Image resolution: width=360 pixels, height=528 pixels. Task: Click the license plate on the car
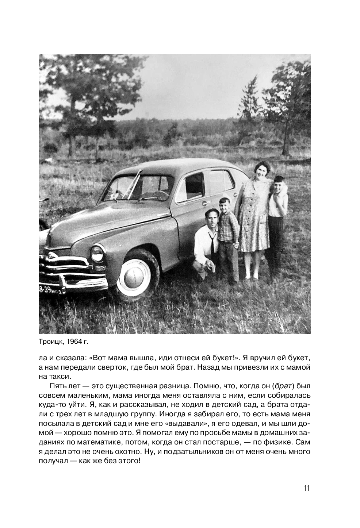(50, 290)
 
